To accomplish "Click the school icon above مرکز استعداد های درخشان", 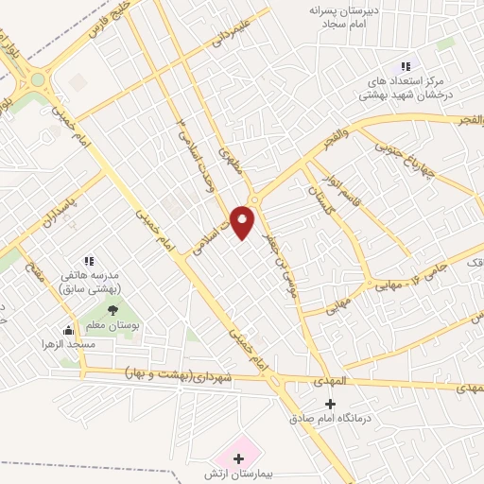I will [x=406, y=66].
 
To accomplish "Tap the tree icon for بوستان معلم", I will [x=112, y=309].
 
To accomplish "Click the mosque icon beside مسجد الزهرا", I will [x=67, y=330].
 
